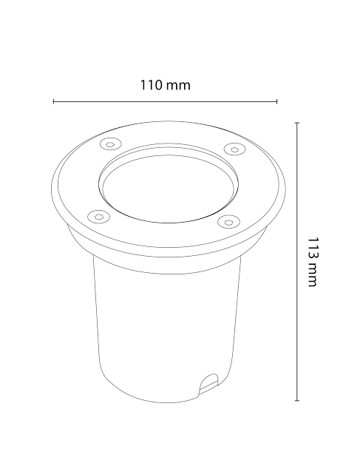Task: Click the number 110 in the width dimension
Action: (x=151, y=85)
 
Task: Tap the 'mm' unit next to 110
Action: (x=178, y=85)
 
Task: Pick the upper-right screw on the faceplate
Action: (x=234, y=149)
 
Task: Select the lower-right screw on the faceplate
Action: (x=229, y=220)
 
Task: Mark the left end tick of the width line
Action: (x=54, y=101)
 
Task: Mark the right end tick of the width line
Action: (x=276, y=101)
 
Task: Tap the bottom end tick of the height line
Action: (x=296, y=402)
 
